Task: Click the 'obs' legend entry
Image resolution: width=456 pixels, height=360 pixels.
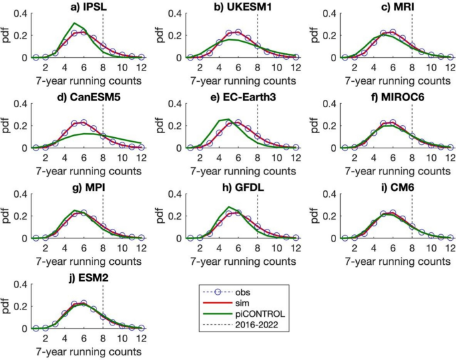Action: tap(246, 291)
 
